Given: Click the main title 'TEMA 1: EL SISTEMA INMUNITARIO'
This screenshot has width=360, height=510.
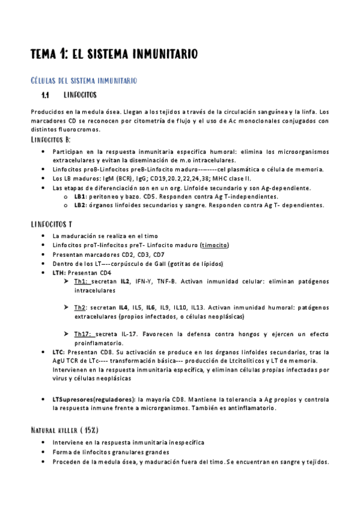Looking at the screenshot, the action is point(114,55).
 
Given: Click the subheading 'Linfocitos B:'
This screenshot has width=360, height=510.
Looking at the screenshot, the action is point(50,140).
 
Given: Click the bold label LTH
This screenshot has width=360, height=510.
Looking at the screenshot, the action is point(59,272).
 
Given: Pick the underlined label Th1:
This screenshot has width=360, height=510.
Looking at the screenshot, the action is point(81,281).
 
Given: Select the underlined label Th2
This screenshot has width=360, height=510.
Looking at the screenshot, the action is point(80,307).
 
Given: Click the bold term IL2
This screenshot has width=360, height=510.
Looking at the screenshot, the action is point(125,281).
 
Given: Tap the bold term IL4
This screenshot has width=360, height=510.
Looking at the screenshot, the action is point(125,307).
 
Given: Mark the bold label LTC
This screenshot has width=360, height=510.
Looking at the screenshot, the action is point(58,352).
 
